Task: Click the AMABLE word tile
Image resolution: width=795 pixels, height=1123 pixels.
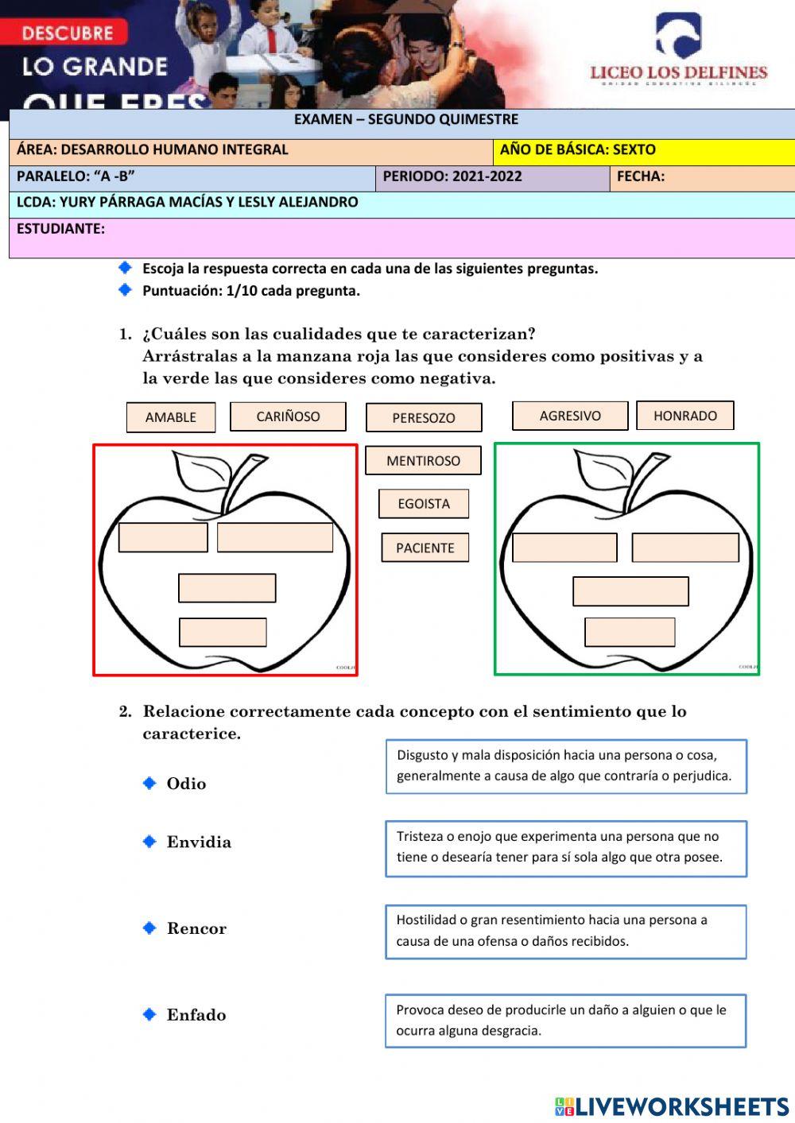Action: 171,417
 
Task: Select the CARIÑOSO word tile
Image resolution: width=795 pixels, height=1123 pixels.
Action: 288,416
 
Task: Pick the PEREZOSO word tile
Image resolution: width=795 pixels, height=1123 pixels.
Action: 424,418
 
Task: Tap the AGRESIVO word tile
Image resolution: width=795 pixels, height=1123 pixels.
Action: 570,416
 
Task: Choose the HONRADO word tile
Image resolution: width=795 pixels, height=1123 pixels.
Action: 684,416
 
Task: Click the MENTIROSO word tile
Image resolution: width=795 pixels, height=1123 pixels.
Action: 423,461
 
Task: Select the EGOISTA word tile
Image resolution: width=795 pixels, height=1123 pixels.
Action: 424,504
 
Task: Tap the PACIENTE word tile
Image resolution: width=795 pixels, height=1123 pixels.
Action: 425,548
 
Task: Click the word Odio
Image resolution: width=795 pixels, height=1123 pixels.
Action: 186,784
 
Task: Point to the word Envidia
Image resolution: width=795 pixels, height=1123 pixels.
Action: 199,842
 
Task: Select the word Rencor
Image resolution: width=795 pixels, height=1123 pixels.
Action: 196,929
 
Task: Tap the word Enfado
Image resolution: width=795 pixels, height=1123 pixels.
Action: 196,1015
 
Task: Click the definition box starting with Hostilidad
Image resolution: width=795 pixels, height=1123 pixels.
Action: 566,931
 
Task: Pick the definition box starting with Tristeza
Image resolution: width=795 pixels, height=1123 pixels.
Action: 566,848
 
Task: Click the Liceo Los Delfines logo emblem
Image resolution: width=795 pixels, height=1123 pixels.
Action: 677,36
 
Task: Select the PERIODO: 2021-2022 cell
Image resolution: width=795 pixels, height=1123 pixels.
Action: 492,177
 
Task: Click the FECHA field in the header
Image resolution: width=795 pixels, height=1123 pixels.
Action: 703,177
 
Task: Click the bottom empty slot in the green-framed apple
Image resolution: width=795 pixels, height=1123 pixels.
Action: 630,633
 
